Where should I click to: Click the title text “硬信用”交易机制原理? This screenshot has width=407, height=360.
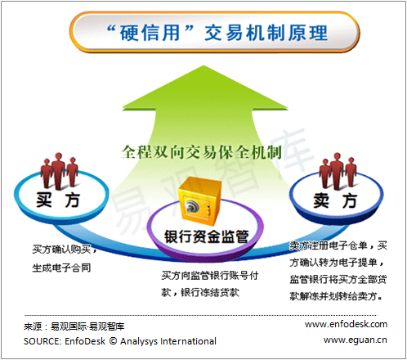(217, 33)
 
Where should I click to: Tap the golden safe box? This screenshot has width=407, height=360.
(199, 200)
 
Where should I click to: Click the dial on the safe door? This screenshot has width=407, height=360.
(191, 206)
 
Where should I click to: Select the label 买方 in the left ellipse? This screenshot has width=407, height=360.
(58, 200)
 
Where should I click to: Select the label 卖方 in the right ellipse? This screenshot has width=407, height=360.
(335, 200)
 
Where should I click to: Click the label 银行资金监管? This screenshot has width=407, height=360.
(207, 236)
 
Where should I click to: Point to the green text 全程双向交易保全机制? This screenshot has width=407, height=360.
(201, 152)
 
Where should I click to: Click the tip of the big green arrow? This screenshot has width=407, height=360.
(203, 65)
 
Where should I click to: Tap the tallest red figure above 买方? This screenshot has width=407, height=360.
(58, 171)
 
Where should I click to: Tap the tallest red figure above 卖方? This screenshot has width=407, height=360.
(338, 171)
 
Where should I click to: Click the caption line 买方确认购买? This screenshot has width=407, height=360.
(65, 249)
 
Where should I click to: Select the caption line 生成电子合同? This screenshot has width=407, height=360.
(61, 268)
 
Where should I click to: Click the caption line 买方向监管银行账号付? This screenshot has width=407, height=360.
(210, 276)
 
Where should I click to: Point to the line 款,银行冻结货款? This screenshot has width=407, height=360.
(200, 292)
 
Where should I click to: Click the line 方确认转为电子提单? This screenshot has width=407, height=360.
(337, 263)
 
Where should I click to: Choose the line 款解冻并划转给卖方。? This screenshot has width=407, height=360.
(336, 296)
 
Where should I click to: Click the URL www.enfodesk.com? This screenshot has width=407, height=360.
(346, 324)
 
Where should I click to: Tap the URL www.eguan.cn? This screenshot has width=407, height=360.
(356, 340)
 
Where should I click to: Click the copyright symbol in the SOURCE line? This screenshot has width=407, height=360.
(113, 341)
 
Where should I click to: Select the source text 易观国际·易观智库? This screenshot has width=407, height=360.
(87, 326)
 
